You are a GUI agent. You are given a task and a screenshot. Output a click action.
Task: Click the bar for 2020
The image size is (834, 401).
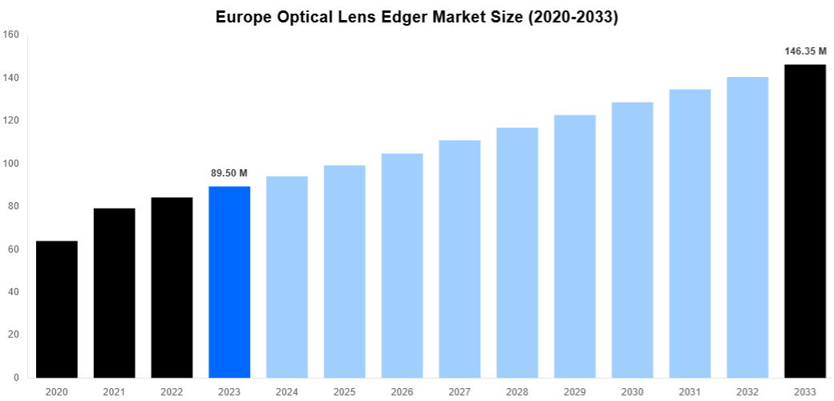pyautogui.click(x=57, y=309)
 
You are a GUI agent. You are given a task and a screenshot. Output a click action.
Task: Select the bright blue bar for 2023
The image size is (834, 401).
pyautogui.click(x=229, y=282)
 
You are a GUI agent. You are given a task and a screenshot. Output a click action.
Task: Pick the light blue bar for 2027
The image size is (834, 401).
pyautogui.click(x=460, y=258)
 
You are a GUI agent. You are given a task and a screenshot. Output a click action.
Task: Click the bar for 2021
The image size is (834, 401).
pyautogui.click(x=115, y=293)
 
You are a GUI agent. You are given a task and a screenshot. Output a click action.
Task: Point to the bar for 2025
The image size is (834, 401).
pyautogui.click(x=345, y=271)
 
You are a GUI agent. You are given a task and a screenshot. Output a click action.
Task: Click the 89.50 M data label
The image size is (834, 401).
pyautogui.click(x=229, y=173)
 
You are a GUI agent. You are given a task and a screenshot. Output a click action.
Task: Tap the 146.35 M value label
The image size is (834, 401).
pyautogui.click(x=805, y=51)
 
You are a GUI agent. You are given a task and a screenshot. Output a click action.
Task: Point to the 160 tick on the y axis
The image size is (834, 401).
pyautogui.click(x=11, y=34)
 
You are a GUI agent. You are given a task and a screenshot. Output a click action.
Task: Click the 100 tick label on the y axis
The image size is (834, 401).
pyautogui.click(x=11, y=164)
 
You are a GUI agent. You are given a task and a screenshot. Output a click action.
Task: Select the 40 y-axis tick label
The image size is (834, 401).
pyautogui.click(x=14, y=292)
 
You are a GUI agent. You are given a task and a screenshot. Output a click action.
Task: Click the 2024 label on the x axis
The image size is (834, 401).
pyautogui.click(x=287, y=391)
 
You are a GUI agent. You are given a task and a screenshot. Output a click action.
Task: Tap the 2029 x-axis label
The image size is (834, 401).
pyautogui.click(x=575, y=391)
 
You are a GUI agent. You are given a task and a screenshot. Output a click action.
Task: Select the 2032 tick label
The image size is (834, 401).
pyautogui.click(x=747, y=391)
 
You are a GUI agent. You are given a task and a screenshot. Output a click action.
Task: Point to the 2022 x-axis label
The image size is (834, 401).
pyautogui.click(x=172, y=391)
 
